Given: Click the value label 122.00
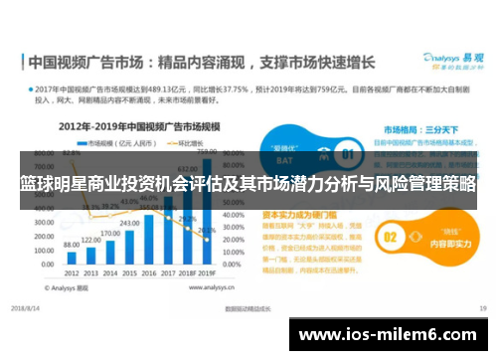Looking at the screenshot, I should pyautogui.click(x=90, y=241).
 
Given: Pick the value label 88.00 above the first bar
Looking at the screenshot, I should pyautogui.click(x=71, y=245).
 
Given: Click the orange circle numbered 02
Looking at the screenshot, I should pyautogui.click(x=391, y=237).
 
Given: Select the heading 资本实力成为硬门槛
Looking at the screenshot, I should pyautogui.click(x=298, y=213).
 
